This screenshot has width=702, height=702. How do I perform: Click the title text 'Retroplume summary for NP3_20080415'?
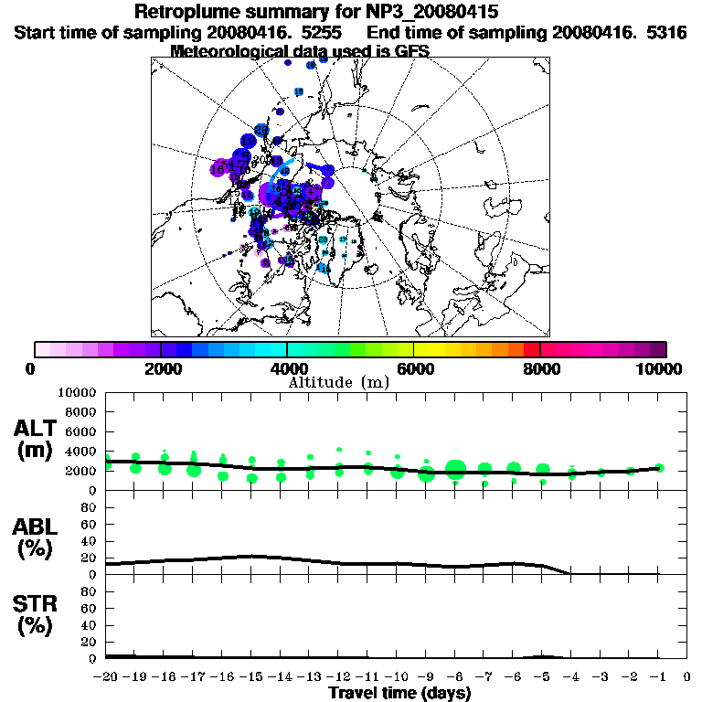(315, 13)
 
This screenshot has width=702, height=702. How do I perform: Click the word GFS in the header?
(411, 51)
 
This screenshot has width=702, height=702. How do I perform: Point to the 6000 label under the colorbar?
(414, 368)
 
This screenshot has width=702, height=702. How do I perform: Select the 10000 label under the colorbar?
(660, 368)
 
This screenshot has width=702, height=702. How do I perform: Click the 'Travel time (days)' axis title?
(399, 694)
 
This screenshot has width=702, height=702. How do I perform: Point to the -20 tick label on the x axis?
(106, 677)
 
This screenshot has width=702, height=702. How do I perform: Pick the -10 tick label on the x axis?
(397, 677)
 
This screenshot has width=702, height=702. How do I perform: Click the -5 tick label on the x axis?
(542, 677)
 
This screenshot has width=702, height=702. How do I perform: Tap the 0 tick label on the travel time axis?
(687, 677)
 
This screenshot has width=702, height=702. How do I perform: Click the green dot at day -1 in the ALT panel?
(659, 468)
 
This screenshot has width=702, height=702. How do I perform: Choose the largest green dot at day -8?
(455, 470)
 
